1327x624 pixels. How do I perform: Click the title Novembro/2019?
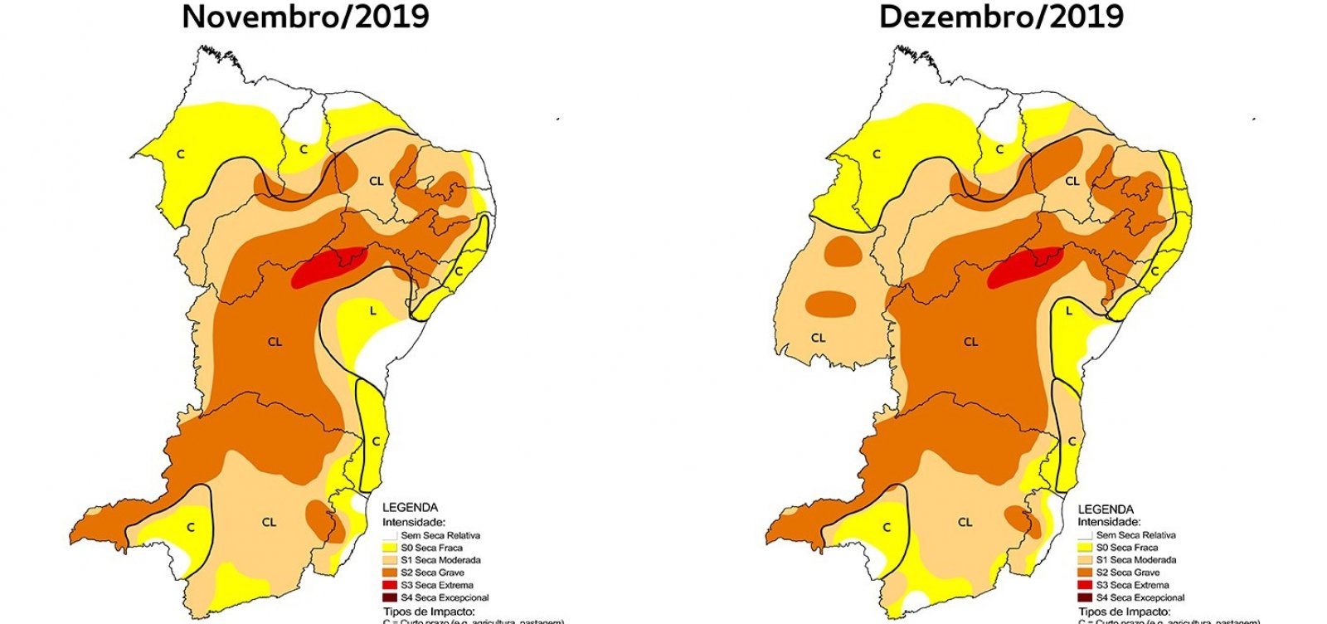click(305, 17)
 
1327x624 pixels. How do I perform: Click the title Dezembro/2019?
click(1001, 17)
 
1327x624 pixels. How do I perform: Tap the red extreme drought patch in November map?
click(327, 266)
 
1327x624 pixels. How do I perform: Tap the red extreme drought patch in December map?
click(1023, 266)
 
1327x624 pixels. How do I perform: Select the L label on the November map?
click(373, 310)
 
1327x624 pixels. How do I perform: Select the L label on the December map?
click(1069, 311)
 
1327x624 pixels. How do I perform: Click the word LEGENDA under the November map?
click(410, 508)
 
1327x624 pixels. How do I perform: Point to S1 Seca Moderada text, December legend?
click(1136, 560)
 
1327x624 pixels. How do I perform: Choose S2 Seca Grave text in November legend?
click(432, 573)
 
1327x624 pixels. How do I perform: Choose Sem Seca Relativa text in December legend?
click(1136, 535)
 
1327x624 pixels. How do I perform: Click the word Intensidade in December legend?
click(1109, 522)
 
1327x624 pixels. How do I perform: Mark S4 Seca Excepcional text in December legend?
click(1140, 597)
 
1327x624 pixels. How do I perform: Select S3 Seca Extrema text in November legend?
click(436, 585)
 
